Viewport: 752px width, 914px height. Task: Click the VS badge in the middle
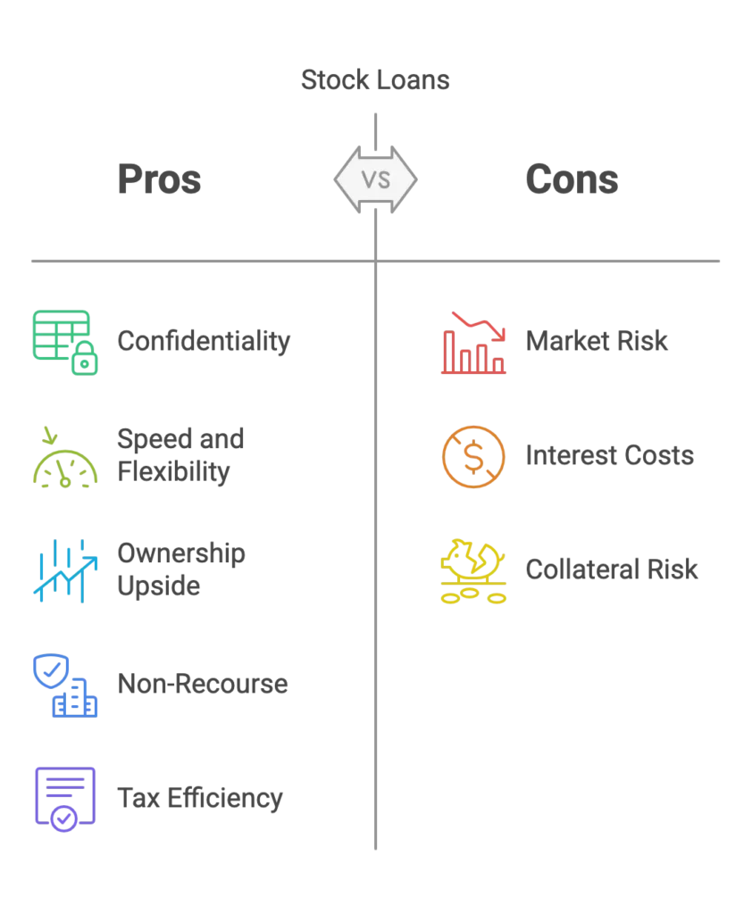375,179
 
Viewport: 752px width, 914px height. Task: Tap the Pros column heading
161,180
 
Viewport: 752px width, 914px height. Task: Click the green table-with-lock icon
63,342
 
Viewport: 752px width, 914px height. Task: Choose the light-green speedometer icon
63,458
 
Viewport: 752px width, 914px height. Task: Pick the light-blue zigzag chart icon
63,570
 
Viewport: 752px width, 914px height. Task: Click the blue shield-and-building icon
63,685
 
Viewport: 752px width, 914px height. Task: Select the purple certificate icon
63,798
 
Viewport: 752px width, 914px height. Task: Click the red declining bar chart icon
472,343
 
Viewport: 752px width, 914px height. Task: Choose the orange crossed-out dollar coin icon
472,458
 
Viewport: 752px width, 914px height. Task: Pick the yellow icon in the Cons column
472,571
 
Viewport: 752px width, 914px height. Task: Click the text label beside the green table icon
204,342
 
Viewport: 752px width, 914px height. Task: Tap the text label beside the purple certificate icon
200,798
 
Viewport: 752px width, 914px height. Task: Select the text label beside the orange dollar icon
609,459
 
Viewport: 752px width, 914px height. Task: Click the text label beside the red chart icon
596,343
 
